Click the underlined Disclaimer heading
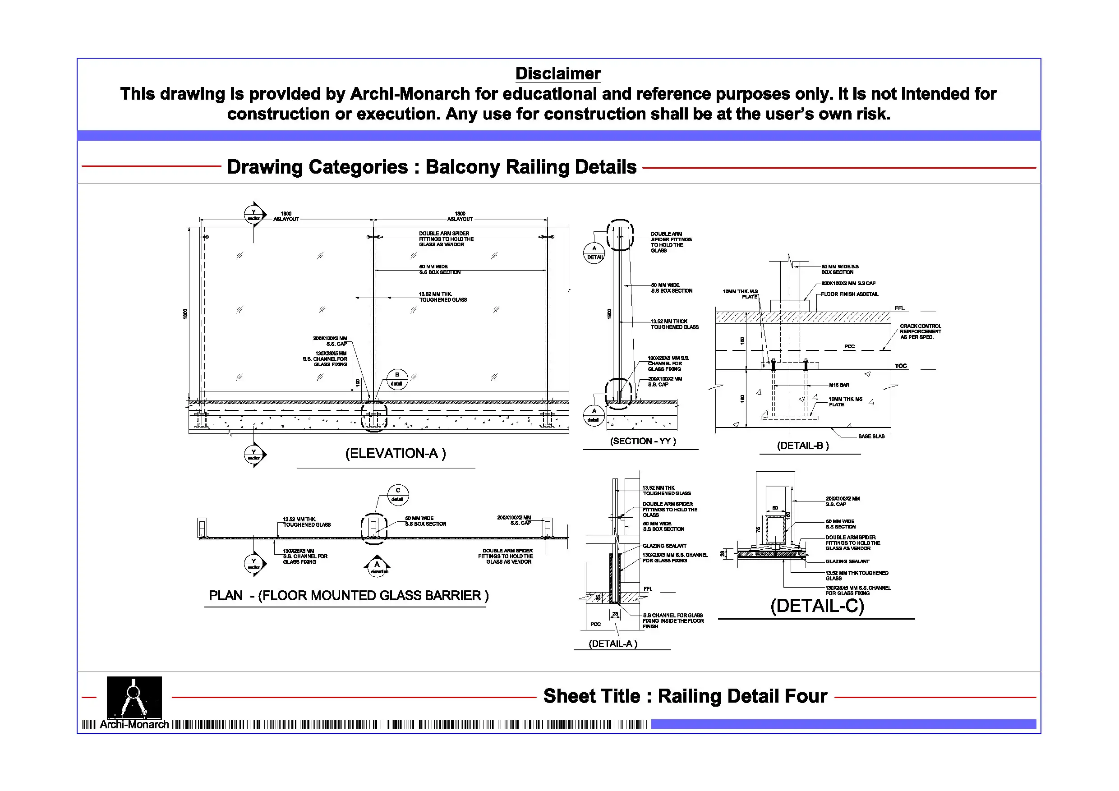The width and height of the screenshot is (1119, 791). [557, 74]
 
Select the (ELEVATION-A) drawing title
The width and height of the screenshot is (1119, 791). [395, 454]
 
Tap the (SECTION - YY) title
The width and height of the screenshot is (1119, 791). [643, 441]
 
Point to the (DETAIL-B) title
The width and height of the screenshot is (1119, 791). [803, 446]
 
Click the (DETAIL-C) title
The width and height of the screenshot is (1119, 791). [817, 606]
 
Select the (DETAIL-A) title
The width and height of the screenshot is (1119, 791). [612, 644]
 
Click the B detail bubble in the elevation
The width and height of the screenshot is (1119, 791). [397, 379]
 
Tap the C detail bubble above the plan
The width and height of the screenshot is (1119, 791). [398, 494]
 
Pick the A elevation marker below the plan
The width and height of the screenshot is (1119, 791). [377, 567]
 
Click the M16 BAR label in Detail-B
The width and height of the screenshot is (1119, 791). [839, 385]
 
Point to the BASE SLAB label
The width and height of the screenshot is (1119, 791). [871, 436]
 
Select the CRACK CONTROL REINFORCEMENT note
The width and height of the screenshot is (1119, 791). [920, 331]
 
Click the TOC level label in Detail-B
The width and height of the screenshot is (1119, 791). [901, 366]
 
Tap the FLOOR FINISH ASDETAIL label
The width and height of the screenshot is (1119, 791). [849, 294]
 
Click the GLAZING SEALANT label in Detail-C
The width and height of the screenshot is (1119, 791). [847, 561]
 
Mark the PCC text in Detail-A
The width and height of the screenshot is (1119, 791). [595, 624]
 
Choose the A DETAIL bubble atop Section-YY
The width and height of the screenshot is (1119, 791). [594, 253]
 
